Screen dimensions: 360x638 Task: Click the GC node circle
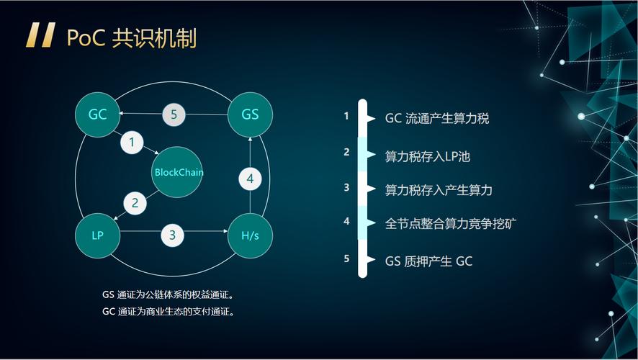98,114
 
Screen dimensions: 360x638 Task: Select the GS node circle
250,114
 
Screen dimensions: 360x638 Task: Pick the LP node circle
98,235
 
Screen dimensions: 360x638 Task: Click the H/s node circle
250,235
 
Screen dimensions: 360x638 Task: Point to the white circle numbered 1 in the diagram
132,142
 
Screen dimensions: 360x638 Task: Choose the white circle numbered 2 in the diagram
135,203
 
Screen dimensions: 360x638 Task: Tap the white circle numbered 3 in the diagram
172,235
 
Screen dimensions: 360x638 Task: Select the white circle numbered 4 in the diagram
250,179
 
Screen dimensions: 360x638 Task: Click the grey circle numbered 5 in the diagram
174,114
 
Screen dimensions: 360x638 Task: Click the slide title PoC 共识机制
131,37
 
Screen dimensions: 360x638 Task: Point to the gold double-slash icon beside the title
40,35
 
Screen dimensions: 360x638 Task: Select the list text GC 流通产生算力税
437,118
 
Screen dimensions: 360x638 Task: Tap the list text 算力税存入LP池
428,156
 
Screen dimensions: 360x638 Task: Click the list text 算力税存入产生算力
439,190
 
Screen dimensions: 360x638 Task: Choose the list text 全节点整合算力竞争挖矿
451,223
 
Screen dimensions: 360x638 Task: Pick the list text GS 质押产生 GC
428,261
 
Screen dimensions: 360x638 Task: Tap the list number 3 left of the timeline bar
346,187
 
